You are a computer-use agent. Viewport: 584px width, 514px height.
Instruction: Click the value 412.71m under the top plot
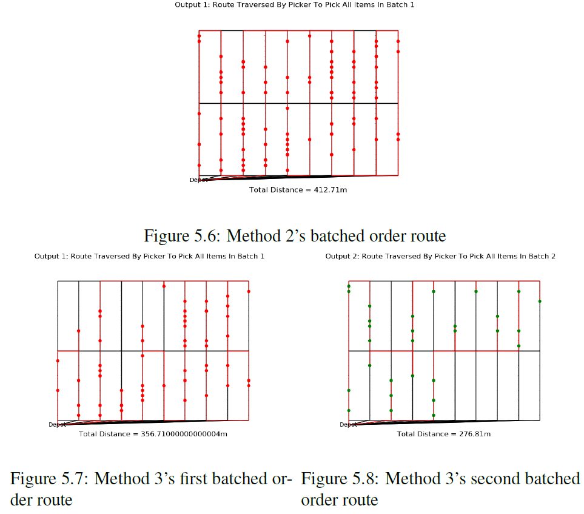click(331, 190)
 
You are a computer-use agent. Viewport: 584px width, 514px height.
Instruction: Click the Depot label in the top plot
click(198, 180)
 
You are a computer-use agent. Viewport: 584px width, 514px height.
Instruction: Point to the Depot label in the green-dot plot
click(348, 425)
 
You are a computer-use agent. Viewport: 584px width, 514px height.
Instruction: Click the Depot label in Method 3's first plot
click(57, 425)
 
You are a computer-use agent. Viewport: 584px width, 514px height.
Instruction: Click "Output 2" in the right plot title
click(341, 257)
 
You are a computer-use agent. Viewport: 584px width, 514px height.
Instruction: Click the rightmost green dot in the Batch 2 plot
click(540, 301)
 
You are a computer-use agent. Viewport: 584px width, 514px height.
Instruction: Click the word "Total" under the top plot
click(259, 190)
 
